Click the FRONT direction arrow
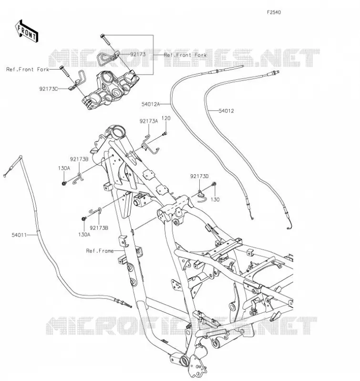(x=27, y=31)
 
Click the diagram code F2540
(x=274, y=12)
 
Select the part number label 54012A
(x=151, y=104)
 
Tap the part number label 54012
(x=226, y=111)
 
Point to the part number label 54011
(x=19, y=235)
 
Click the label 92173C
(x=49, y=89)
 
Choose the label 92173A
(x=149, y=121)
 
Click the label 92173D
(x=199, y=176)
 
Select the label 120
(x=166, y=118)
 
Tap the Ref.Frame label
(x=100, y=251)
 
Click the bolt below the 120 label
(x=165, y=133)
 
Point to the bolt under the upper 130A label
(x=64, y=183)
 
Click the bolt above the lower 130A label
(x=83, y=219)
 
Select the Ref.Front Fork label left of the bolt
(x=28, y=70)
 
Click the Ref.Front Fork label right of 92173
(x=185, y=55)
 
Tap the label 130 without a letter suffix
(x=215, y=200)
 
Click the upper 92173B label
(x=79, y=160)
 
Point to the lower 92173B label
(x=99, y=228)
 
